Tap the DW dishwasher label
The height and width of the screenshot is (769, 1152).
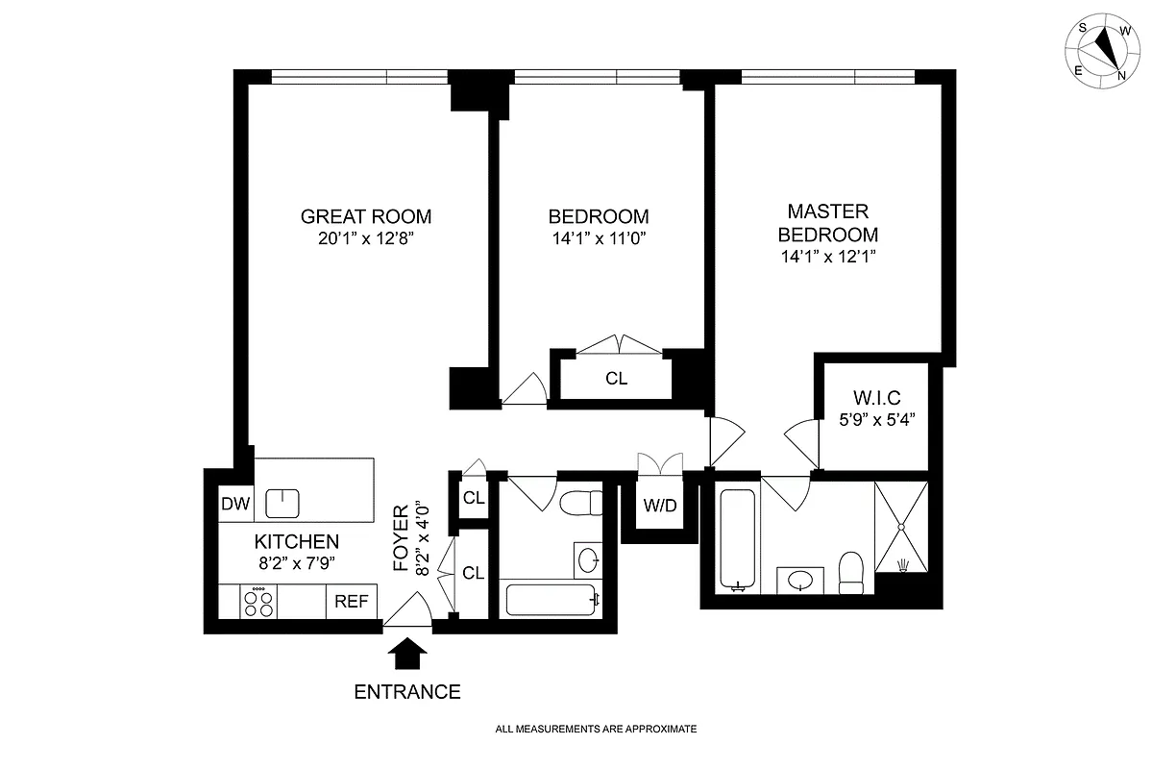(235, 504)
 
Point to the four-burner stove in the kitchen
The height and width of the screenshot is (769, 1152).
(258, 603)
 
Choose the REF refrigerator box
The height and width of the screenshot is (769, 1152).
(352, 603)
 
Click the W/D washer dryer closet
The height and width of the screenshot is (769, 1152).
(659, 505)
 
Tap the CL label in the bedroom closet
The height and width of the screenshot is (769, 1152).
(616, 379)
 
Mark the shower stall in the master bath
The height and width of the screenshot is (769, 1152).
(901, 526)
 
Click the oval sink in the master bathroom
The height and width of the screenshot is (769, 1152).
(799, 580)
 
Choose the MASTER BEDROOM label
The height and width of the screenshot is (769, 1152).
(827, 223)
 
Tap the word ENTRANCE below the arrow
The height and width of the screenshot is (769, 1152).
(407, 692)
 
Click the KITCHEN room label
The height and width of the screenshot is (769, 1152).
(296, 542)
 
